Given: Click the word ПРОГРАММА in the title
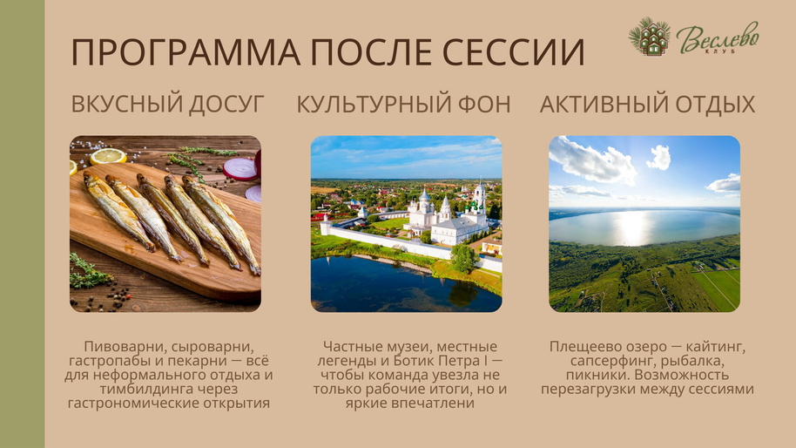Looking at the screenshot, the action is [x=186, y=51].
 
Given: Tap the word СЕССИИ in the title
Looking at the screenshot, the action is [x=514, y=51].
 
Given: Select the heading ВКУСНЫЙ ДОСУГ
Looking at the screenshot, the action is [x=167, y=104].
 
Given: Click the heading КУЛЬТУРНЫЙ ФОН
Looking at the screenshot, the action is [x=403, y=104].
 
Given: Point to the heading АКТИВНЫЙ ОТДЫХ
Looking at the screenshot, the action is [x=647, y=104].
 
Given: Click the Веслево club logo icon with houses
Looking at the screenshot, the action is [x=650, y=37].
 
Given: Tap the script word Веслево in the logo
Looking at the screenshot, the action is [x=718, y=37].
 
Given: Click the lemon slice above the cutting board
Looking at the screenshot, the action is [x=108, y=156].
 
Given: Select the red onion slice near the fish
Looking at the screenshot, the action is [x=239, y=168].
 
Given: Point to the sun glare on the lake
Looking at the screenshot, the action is [x=632, y=227].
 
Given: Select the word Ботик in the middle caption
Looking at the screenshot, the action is [x=411, y=361].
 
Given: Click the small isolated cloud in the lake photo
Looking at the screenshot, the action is [x=659, y=158].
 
